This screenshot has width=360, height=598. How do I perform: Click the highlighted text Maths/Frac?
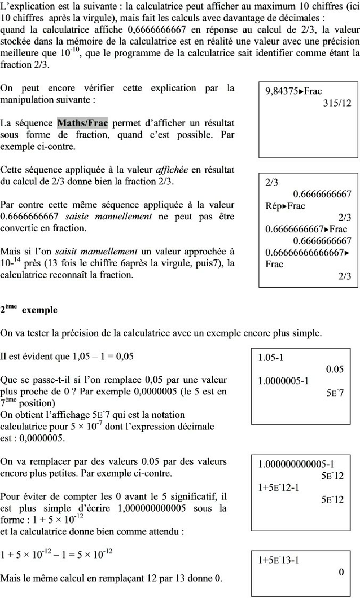[83, 123]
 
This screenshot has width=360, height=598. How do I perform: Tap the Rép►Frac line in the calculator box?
[286, 206]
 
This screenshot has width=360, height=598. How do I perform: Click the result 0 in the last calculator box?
[341, 572]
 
